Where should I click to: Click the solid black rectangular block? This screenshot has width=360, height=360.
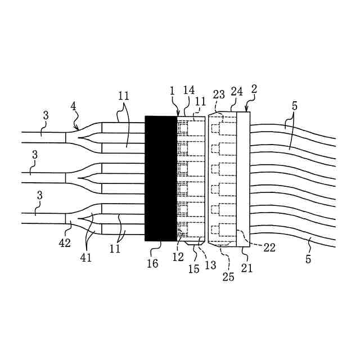click(161, 178)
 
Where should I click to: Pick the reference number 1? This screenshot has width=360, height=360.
click(172, 91)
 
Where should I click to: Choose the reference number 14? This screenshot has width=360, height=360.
click(188, 90)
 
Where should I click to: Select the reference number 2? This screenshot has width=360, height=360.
click(254, 89)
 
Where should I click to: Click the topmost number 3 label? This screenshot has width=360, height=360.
click(46, 115)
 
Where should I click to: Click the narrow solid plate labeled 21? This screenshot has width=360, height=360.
click(244, 179)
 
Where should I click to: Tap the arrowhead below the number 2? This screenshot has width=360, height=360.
click(246, 109)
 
